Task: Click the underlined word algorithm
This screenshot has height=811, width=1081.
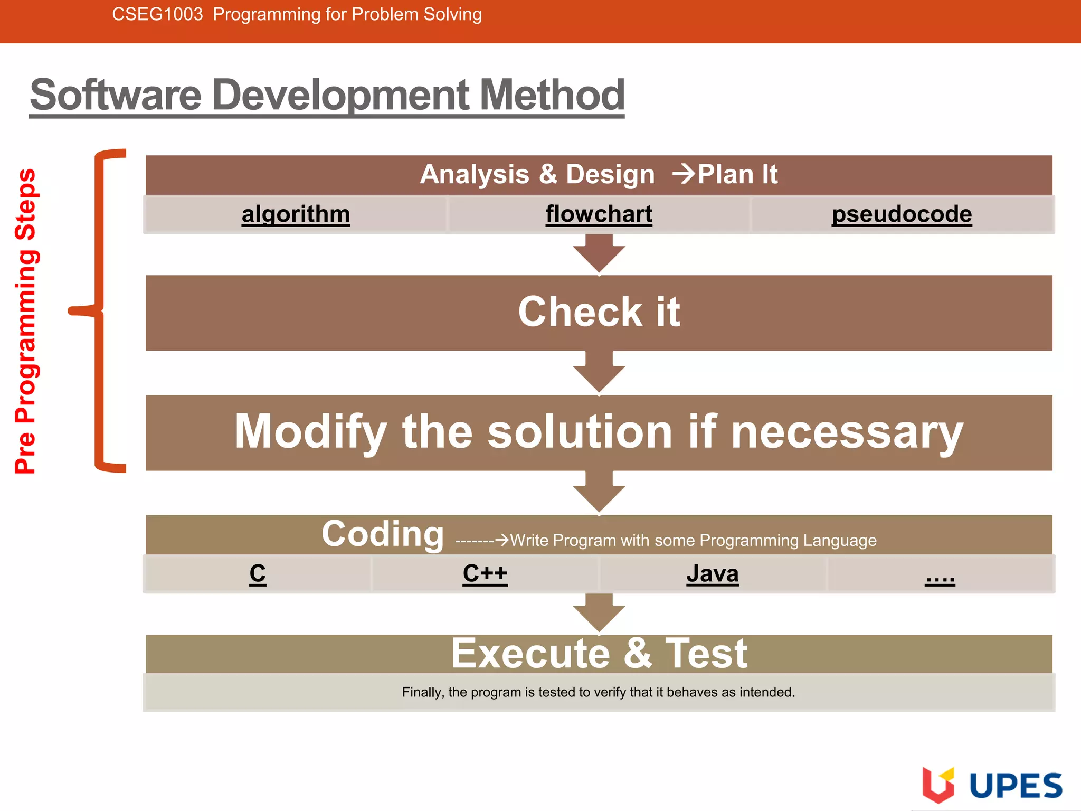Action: click(296, 214)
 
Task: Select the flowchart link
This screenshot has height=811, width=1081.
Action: click(599, 214)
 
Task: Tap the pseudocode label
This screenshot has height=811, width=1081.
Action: click(902, 214)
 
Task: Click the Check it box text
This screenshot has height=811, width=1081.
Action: click(599, 312)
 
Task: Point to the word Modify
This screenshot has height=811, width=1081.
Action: click(310, 432)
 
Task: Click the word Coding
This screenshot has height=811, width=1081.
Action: click(383, 534)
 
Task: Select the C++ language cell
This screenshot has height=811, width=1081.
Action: click(485, 573)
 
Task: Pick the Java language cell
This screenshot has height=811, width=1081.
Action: click(712, 573)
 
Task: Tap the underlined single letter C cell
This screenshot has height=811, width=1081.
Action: click(258, 573)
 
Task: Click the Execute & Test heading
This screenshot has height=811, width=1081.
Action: click(599, 654)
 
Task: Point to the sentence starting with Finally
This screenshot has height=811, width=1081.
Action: click(599, 692)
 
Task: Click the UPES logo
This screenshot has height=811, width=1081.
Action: click(992, 785)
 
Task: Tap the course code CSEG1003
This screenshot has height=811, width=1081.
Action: click(157, 14)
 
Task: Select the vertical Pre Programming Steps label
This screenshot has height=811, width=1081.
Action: click(25, 321)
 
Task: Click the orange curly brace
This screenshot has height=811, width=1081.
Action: click(100, 310)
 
